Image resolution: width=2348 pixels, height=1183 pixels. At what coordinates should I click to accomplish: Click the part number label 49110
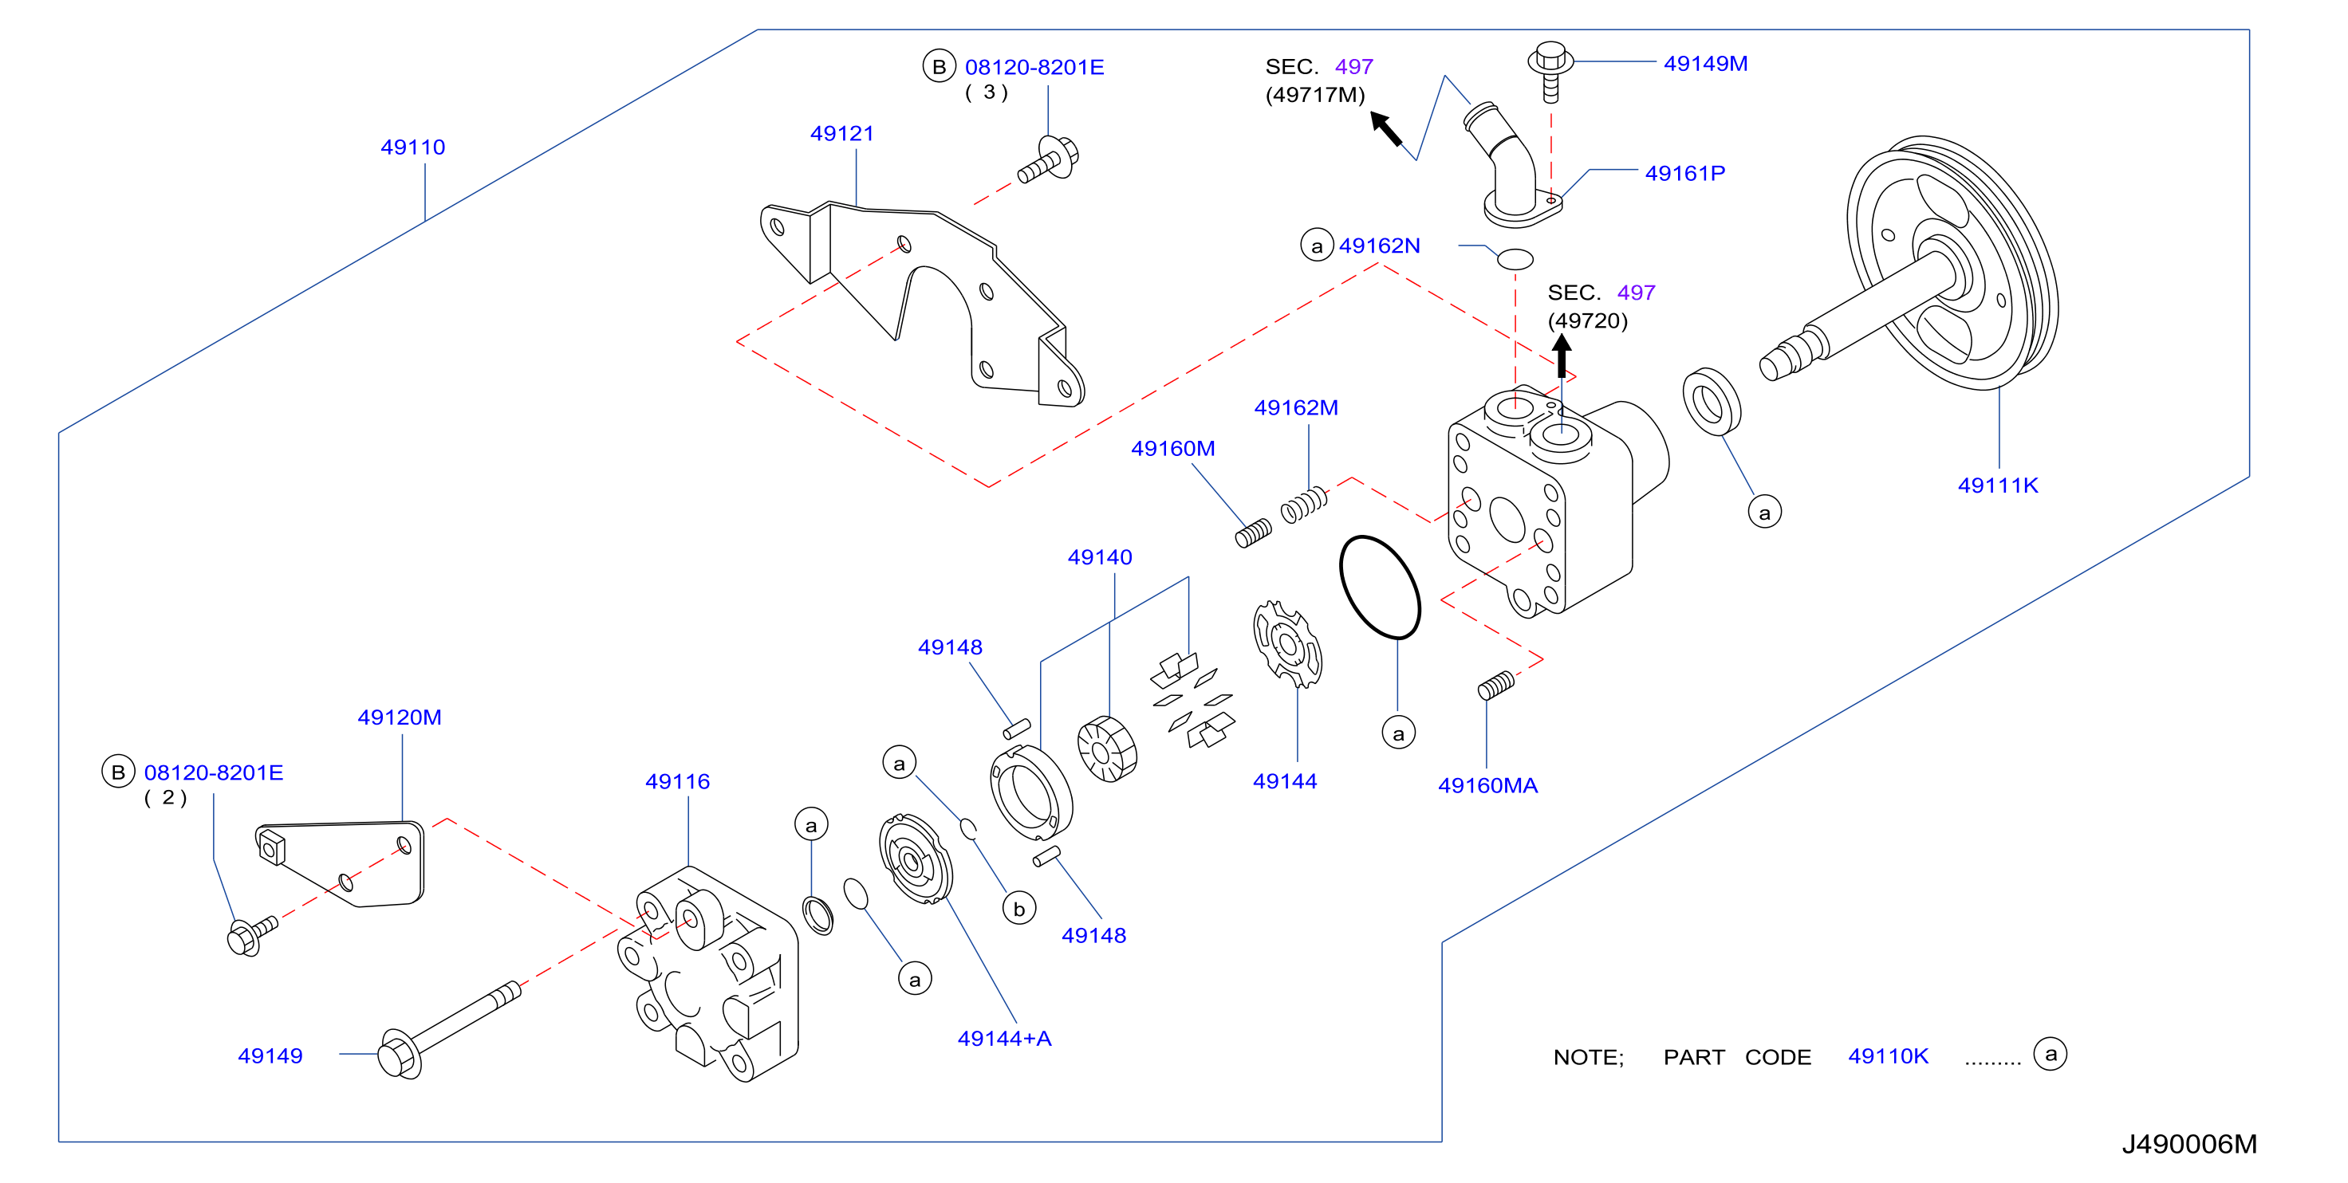[x=413, y=147]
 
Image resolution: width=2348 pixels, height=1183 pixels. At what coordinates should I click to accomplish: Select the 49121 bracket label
[x=842, y=134]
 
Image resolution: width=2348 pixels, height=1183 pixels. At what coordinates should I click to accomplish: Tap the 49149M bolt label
[x=1705, y=64]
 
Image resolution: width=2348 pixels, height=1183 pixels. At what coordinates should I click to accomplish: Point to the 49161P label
[x=1684, y=173]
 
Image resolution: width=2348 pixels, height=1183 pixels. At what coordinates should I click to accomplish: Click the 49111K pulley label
[x=1998, y=485]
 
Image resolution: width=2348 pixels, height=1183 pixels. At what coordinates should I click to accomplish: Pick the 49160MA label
[x=1487, y=786]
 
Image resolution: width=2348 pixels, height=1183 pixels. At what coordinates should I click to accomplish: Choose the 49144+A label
[x=1004, y=1039]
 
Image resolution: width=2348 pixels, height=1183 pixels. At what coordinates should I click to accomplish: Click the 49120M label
[x=400, y=718]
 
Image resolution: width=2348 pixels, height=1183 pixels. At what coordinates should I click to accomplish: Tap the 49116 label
[x=677, y=782]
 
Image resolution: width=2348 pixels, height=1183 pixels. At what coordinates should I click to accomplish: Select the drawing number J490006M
[x=2189, y=1145]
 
